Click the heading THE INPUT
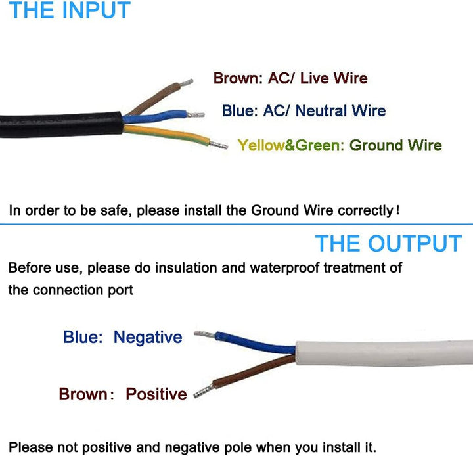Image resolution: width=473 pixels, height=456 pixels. (70, 11)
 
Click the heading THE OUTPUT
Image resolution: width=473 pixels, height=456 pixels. (388, 243)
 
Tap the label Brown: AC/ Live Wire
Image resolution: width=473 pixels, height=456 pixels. (290, 79)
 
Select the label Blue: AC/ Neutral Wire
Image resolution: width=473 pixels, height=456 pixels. (304, 111)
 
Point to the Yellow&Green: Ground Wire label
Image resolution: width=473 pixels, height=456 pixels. (339, 145)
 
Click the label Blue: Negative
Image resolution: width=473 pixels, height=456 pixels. (122, 337)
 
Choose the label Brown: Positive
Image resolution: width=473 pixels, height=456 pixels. (122, 394)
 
